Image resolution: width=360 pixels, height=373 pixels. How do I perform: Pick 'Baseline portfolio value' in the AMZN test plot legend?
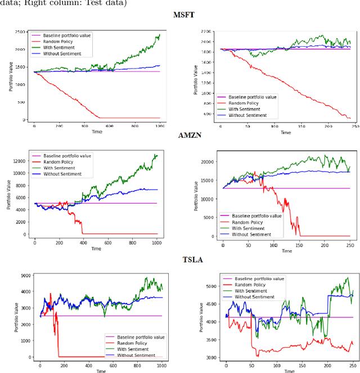click(x=256, y=216)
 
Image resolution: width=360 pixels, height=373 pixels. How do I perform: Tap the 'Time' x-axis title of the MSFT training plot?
click(x=97, y=133)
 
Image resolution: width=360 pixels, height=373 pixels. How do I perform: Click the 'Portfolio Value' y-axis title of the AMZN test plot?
click(x=196, y=195)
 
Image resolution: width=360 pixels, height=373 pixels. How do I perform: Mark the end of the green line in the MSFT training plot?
click(x=159, y=35)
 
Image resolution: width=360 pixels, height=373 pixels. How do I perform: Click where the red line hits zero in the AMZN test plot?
click(x=300, y=236)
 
